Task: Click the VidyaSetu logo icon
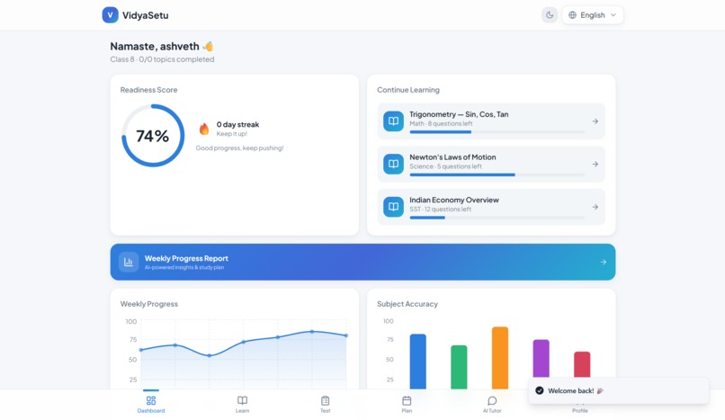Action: (x=110, y=14)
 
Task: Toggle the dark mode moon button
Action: (x=550, y=14)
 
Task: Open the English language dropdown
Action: (x=593, y=14)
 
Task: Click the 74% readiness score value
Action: (x=152, y=136)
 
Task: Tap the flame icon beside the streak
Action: (x=204, y=129)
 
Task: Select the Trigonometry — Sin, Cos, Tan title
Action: (x=459, y=114)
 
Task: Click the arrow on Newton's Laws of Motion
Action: (x=595, y=165)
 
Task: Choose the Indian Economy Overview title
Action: (x=453, y=200)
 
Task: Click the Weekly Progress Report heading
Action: (x=186, y=258)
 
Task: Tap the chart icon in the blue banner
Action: (x=129, y=262)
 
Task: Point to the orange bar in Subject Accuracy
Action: (x=500, y=358)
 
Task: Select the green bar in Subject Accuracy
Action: (x=459, y=367)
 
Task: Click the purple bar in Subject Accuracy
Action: (x=541, y=364)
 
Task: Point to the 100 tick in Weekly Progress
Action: (x=131, y=321)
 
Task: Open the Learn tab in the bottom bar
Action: (x=242, y=404)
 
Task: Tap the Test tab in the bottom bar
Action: (x=325, y=404)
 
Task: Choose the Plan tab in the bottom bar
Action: (x=407, y=404)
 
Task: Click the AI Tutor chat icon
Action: (x=492, y=400)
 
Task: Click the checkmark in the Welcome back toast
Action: (x=540, y=390)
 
